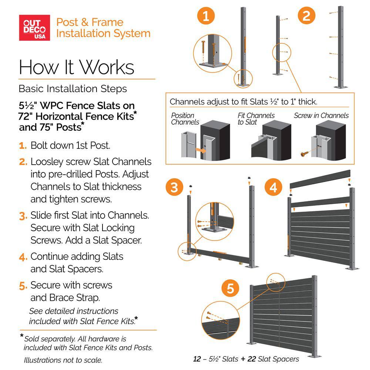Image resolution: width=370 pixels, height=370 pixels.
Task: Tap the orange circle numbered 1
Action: pyautogui.click(x=206, y=16)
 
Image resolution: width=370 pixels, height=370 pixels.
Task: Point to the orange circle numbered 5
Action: pyautogui.click(x=230, y=289)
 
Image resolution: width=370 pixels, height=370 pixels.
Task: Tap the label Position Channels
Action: pyautogui.click(x=185, y=119)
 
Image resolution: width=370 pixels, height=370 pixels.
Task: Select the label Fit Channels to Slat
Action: pyautogui.click(x=256, y=119)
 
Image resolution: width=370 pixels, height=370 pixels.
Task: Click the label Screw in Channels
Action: pyautogui.click(x=321, y=115)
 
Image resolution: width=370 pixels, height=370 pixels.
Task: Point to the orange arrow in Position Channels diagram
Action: pyautogui.click(x=200, y=150)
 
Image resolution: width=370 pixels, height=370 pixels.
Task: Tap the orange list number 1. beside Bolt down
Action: pyautogui.click(x=23, y=145)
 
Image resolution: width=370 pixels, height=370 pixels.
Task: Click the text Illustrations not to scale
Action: pyautogui.click(x=63, y=360)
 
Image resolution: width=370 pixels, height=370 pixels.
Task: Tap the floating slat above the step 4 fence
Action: pyautogui.click(x=321, y=178)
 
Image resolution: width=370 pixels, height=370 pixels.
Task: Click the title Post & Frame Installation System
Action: pyautogui.click(x=103, y=28)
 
